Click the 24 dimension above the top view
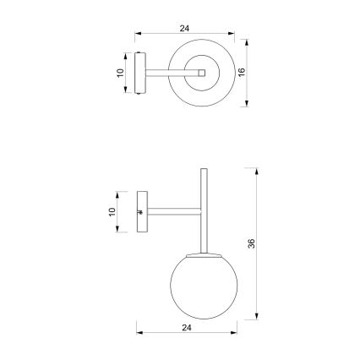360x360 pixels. pyautogui.click(x=184, y=28)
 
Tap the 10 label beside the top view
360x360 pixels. pyautogui.click(x=120, y=74)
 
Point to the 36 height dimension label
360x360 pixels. pyautogui.click(x=251, y=243)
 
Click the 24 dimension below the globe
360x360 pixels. pyautogui.click(x=187, y=326)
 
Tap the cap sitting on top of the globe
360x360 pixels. pyautogui.click(x=202, y=254)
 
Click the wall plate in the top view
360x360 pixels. pyautogui.click(x=141, y=74)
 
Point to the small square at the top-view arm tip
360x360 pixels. pyautogui.click(x=203, y=74)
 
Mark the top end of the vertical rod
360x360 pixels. pyautogui.click(x=203, y=172)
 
